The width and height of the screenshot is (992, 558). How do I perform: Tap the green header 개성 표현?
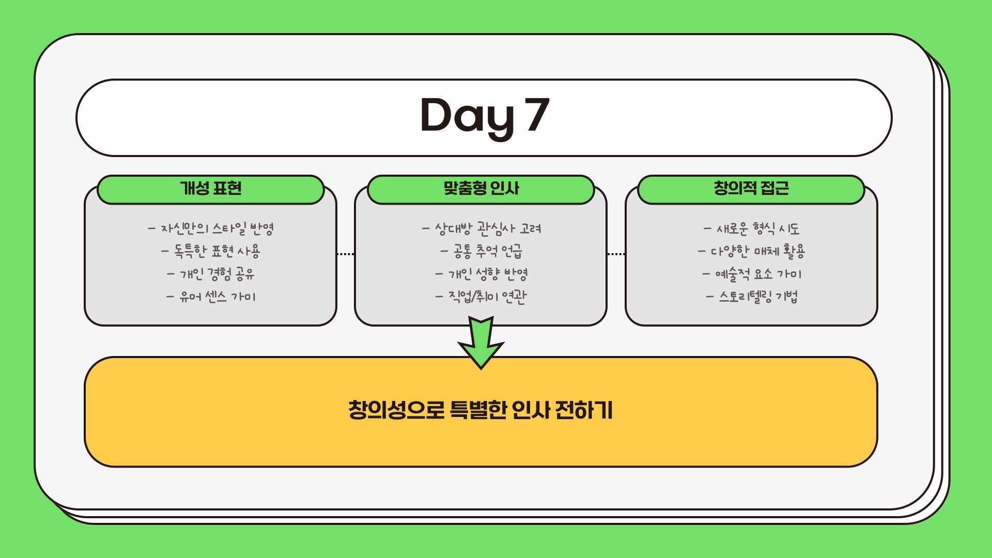(x=211, y=189)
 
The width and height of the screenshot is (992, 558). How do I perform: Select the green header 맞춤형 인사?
(x=481, y=189)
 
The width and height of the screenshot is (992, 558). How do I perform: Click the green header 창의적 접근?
(x=751, y=189)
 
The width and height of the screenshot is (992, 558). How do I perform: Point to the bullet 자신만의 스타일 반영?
(x=211, y=228)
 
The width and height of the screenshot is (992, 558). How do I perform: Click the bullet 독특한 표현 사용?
(x=211, y=251)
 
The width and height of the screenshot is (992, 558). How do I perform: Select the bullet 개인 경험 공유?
(x=211, y=274)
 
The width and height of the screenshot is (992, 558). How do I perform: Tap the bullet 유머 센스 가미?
(x=211, y=297)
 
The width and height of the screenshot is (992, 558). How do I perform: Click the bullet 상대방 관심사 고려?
(x=481, y=228)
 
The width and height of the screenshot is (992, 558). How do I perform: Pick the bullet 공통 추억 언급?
(x=481, y=251)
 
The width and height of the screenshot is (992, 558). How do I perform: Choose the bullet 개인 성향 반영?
(x=481, y=274)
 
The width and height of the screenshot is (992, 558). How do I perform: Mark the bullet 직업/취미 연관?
(x=481, y=297)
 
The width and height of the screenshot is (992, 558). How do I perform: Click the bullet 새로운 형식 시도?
(x=751, y=228)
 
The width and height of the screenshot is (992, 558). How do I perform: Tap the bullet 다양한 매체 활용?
(x=751, y=251)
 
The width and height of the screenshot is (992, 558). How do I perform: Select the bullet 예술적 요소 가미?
(x=751, y=274)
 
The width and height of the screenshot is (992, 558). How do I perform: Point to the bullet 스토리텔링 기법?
(x=751, y=297)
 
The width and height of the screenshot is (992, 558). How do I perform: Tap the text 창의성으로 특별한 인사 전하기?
(x=481, y=411)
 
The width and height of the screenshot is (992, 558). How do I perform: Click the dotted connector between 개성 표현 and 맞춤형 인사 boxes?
(x=346, y=254)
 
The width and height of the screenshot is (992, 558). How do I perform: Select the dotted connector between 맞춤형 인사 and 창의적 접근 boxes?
(x=616, y=254)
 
